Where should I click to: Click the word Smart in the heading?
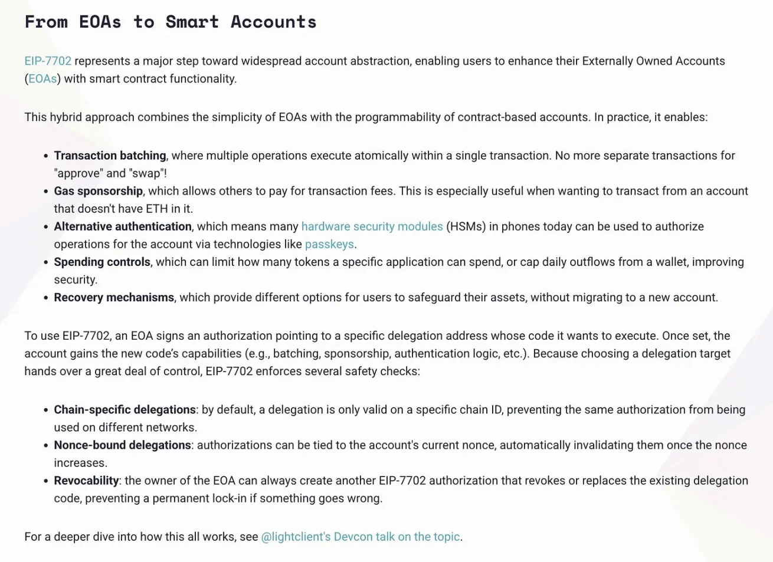(x=192, y=22)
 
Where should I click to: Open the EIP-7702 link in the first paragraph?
(x=48, y=61)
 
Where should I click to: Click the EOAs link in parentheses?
(x=42, y=79)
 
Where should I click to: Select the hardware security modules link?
(x=372, y=226)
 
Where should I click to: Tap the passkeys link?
(x=329, y=244)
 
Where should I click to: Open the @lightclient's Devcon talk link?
(x=360, y=537)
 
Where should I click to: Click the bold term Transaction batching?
(x=110, y=156)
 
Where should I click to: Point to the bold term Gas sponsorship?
(x=98, y=191)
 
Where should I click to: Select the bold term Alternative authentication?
(x=123, y=226)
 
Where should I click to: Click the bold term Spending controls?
(x=102, y=262)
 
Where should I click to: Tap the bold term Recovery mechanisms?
(x=114, y=297)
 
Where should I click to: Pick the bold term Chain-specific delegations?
(x=125, y=410)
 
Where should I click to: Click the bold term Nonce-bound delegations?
(x=122, y=445)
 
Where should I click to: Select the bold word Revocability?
(x=86, y=481)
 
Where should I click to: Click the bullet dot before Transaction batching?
(x=45, y=156)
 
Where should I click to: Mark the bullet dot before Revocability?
(x=45, y=481)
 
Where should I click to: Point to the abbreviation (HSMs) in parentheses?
(x=466, y=226)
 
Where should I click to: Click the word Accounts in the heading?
(x=273, y=22)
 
